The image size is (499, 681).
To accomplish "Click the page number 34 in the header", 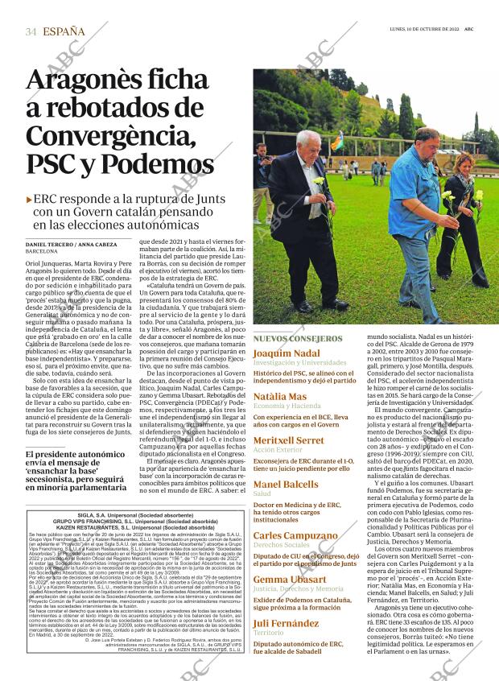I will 31,32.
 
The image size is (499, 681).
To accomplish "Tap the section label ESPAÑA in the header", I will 64,32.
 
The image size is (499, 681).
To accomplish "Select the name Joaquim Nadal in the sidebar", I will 286,353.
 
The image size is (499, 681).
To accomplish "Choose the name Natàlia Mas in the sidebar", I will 279,397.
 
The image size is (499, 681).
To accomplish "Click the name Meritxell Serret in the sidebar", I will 288,440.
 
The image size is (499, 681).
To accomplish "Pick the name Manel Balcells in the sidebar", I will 285,484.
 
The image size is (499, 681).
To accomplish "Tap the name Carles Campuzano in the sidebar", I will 295,535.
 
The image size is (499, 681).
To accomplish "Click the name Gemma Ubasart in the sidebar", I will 290,579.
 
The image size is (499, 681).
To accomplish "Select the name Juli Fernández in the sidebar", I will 286,623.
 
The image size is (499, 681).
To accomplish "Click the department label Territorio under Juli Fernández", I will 269,634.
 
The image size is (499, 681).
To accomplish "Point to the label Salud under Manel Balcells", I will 262,493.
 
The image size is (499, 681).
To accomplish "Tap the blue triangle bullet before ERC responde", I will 30,199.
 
